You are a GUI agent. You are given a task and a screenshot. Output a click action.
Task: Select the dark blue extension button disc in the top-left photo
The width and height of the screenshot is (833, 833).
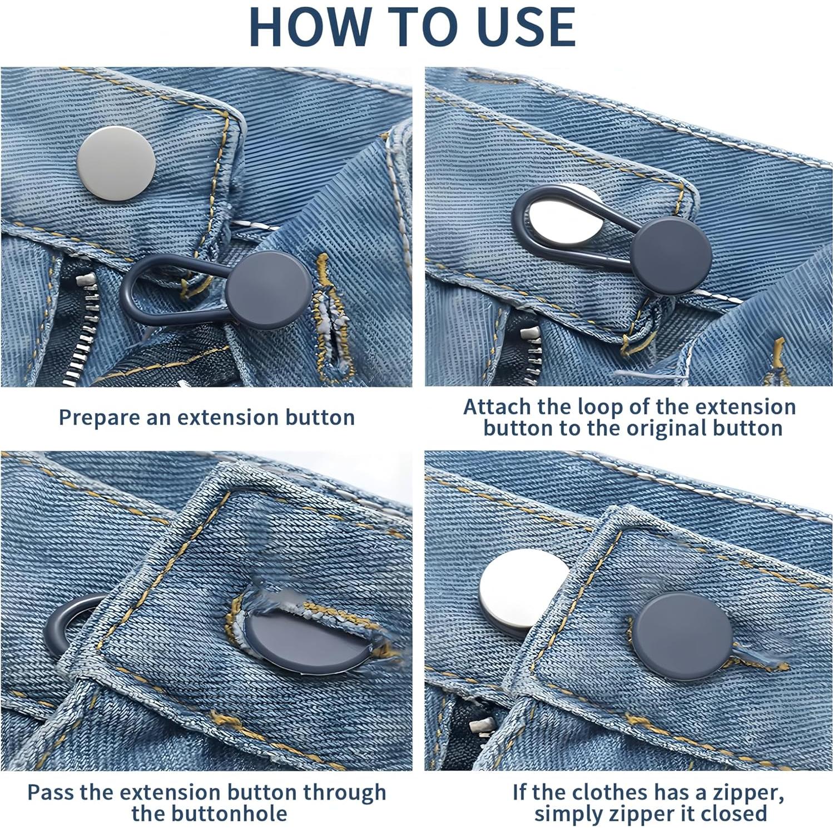click(x=269, y=289)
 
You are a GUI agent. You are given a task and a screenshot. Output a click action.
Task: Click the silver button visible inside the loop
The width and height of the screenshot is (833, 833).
click(x=562, y=217)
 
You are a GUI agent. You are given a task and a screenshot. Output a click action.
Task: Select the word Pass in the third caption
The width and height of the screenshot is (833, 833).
click(x=51, y=792)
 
